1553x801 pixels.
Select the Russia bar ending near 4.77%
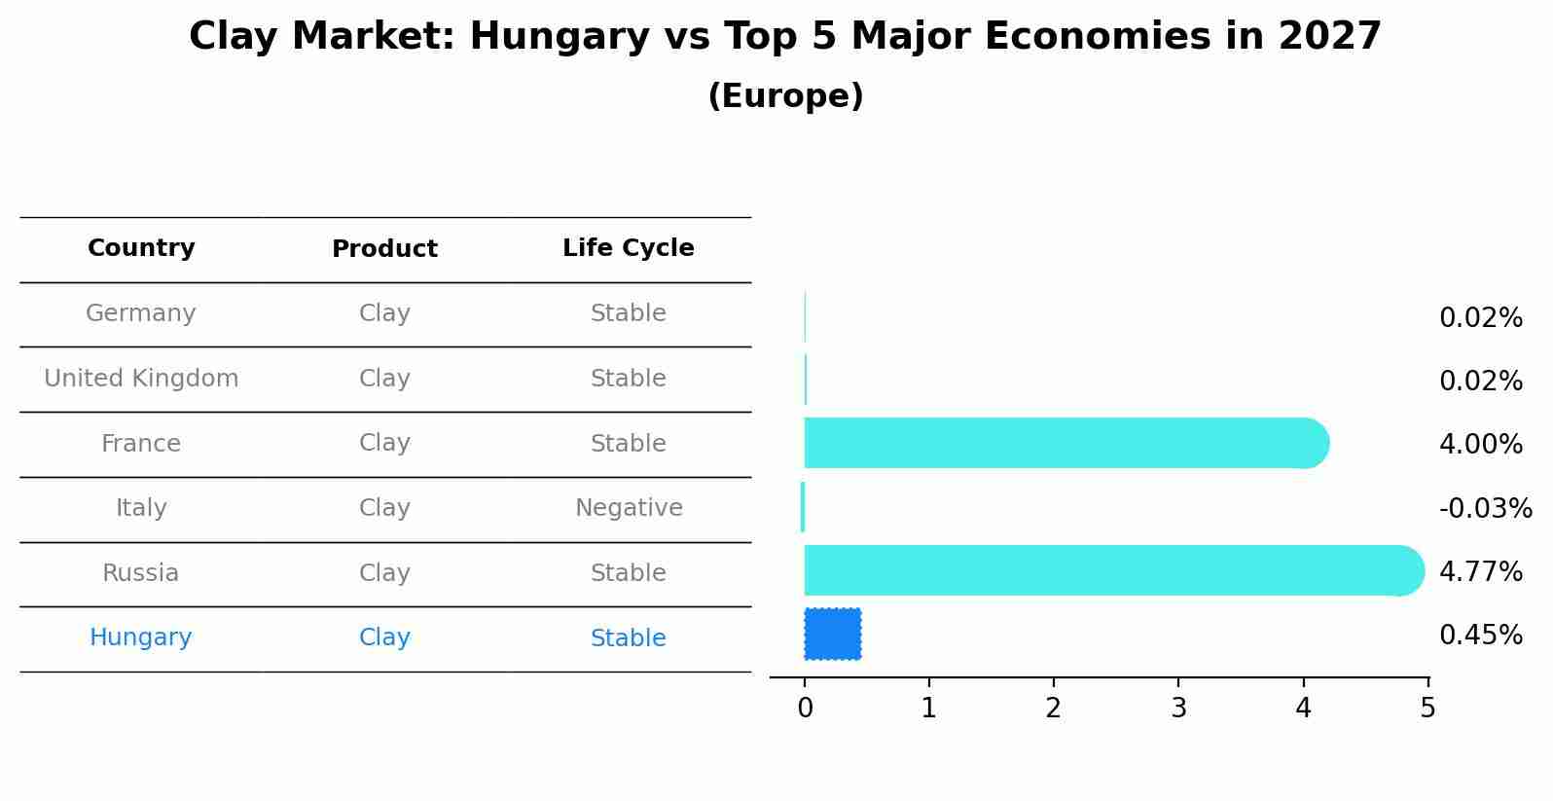1109,571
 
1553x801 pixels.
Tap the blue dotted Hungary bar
833,635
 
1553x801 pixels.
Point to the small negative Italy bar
803,507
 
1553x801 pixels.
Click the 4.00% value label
1480,445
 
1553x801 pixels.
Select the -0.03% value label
1485,509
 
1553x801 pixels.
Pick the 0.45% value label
1480,636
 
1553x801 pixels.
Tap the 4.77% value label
1480,572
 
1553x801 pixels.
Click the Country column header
141,248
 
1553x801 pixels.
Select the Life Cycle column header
628,248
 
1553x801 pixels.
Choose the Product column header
384,249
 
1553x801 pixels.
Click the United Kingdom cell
141,379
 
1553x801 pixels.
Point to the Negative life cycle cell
629,508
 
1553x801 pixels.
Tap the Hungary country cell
141,637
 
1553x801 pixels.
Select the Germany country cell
141,313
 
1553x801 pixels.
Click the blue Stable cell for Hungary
628,638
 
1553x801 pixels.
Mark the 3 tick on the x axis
1178,708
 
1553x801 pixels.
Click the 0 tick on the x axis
805,708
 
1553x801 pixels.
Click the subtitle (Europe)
785,96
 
